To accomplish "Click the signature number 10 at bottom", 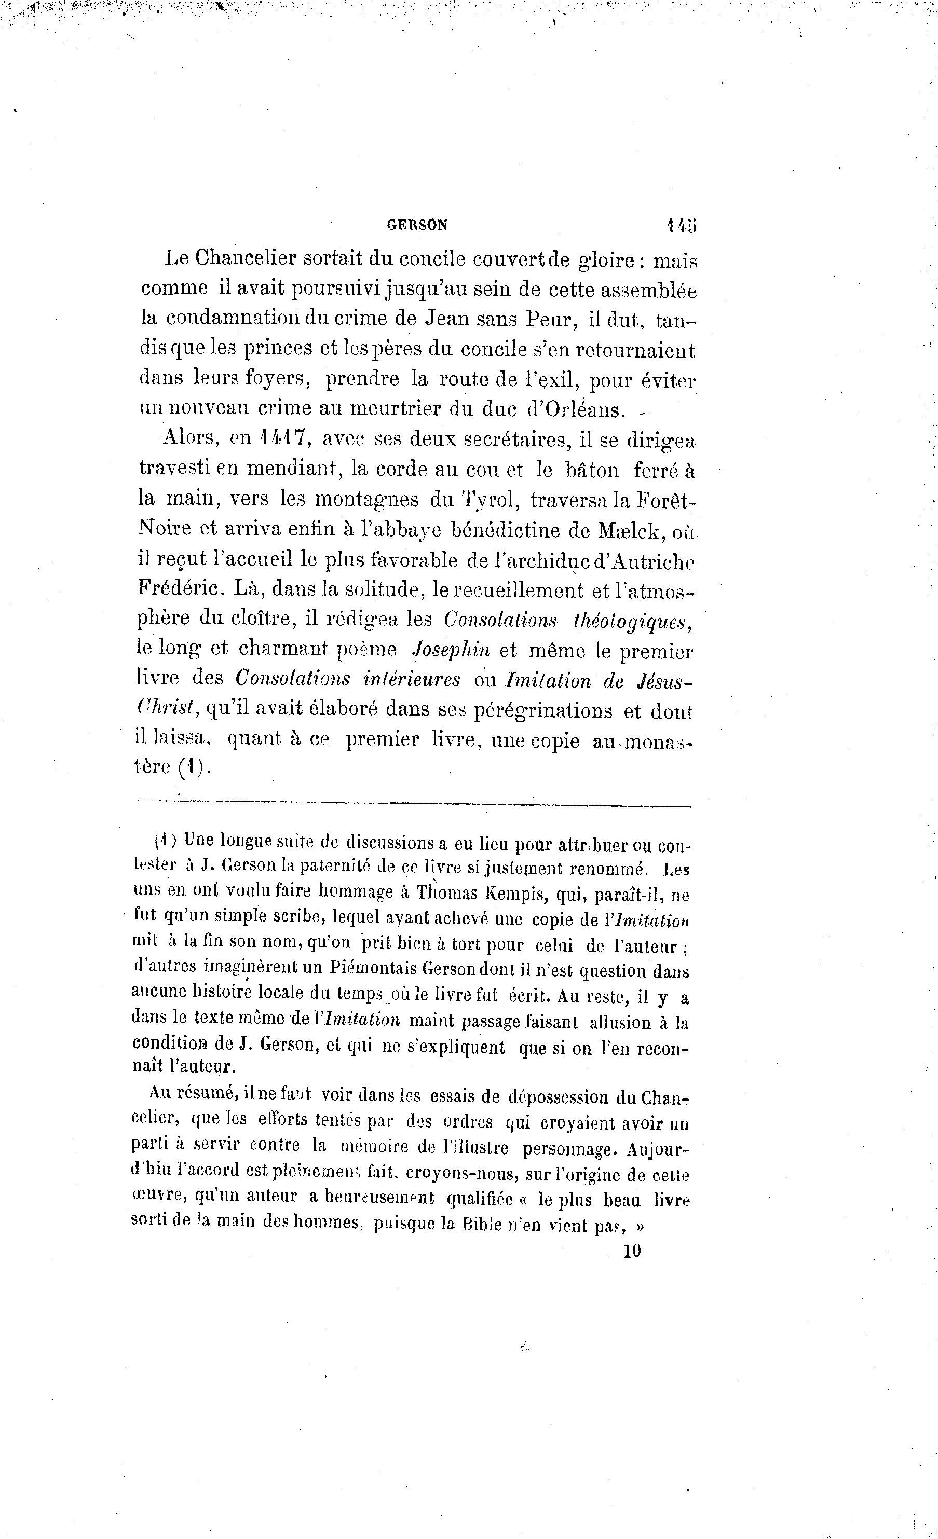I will [632, 1251].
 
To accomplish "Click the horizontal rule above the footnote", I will [413, 806].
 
